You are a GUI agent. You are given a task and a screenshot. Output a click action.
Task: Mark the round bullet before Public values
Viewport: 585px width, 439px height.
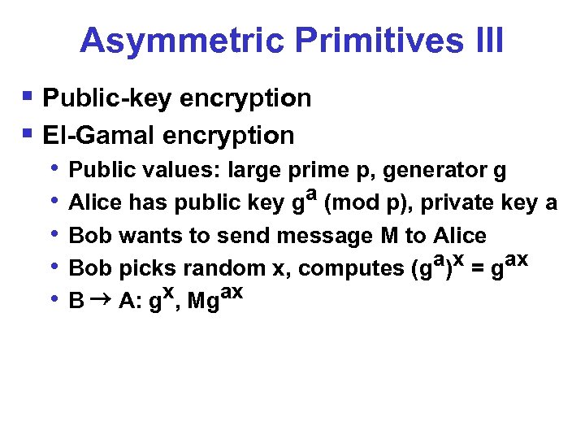point(54,169)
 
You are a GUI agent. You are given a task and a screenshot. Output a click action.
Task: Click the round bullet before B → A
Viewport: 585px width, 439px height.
point(54,299)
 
